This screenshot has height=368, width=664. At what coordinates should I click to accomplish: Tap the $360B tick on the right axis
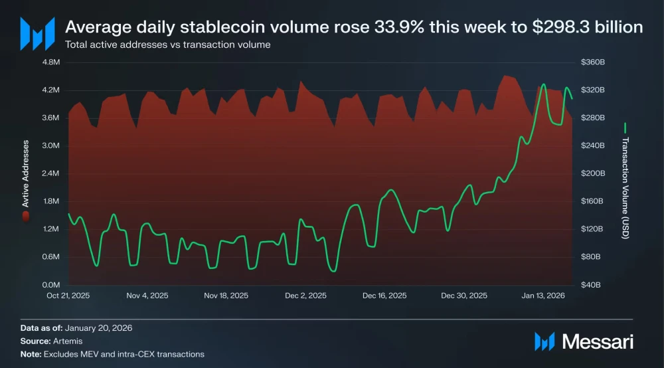coord(593,62)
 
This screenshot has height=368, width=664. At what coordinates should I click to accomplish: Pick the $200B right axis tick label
coord(593,173)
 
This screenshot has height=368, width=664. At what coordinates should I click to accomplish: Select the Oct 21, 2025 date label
coord(68,296)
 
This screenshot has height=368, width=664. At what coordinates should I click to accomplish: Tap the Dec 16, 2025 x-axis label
coord(384,296)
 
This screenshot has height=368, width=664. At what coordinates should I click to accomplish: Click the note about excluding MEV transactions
coord(124,354)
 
